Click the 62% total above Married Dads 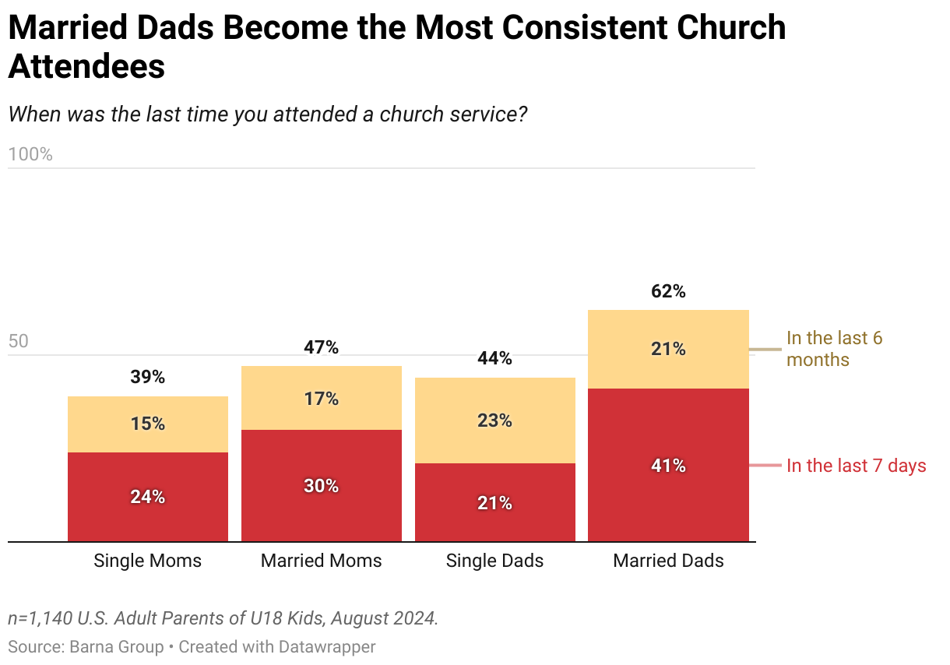(x=668, y=292)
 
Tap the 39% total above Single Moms (x=148, y=378)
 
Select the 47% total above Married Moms (x=322, y=348)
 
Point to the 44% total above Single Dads (x=494, y=359)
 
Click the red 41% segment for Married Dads (x=668, y=466)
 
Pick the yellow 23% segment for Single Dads (x=494, y=420)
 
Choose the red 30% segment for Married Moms (x=322, y=486)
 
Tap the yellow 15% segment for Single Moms (x=148, y=424)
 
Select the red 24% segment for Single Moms (x=148, y=497)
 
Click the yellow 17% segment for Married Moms (x=322, y=399)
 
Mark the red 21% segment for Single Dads (x=494, y=503)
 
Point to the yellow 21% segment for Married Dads (x=668, y=350)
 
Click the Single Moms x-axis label (x=148, y=561)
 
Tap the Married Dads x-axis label (x=668, y=561)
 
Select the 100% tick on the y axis (x=30, y=154)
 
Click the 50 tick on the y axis (x=19, y=342)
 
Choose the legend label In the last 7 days (x=856, y=466)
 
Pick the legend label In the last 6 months (x=834, y=349)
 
